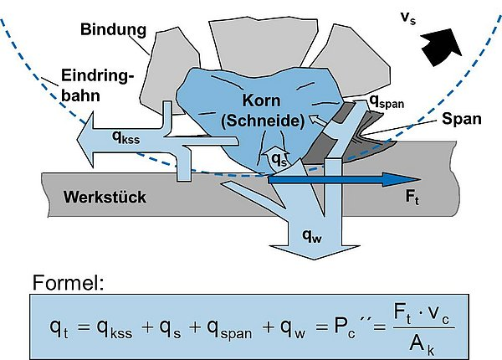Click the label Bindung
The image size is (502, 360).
click(114, 30)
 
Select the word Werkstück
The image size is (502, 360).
click(105, 198)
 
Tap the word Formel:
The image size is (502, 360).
click(69, 283)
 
